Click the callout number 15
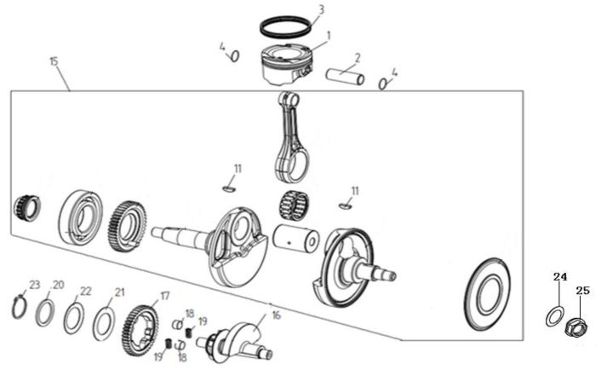54,62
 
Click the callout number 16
275,315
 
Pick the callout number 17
165,296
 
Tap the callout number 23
34,284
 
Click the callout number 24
559,276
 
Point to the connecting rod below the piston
292,137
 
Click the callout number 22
85,291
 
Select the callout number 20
59,284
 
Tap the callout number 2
358,58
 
